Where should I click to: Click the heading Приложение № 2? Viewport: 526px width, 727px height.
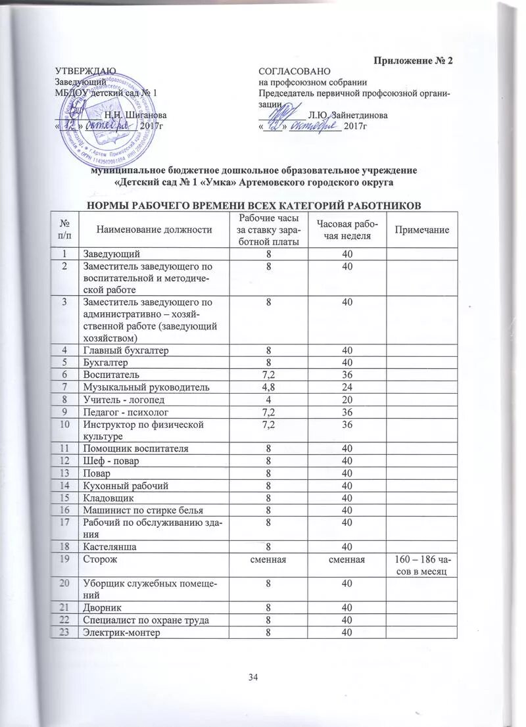[x=414, y=61]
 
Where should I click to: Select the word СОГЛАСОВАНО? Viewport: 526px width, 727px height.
[x=295, y=70]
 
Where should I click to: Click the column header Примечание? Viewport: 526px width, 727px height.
[x=421, y=229]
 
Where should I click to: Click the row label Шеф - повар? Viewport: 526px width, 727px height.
[x=109, y=460]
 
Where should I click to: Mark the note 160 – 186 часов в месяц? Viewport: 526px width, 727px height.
[x=421, y=565]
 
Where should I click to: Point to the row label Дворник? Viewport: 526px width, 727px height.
[x=102, y=608]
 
